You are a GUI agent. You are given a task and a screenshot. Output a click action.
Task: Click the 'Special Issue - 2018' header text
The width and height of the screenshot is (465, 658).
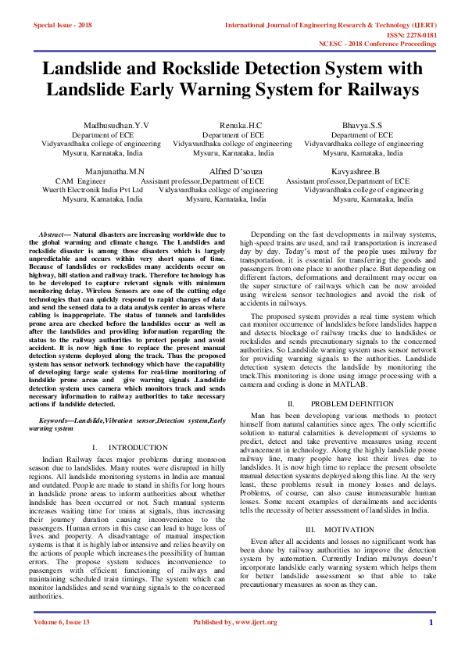(x=63, y=25)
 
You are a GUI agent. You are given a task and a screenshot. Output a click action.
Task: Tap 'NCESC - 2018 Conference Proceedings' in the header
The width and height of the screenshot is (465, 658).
(x=388, y=45)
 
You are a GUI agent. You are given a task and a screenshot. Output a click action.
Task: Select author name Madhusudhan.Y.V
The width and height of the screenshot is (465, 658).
(x=116, y=125)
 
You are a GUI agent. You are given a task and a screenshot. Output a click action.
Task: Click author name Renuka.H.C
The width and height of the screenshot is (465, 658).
(x=233, y=125)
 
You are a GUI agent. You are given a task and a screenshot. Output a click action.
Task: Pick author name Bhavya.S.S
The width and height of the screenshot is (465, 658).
(x=364, y=125)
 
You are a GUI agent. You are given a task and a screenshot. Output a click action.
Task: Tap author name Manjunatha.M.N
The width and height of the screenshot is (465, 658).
(x=115, y=170)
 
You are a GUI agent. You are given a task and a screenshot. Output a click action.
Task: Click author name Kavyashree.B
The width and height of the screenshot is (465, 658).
(x=355, y=170)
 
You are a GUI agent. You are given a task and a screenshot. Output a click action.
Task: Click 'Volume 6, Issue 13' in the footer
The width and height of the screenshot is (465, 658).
(x=62, y=644)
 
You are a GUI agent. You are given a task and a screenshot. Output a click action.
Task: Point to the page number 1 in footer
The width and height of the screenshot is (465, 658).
(x=431, y=644)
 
